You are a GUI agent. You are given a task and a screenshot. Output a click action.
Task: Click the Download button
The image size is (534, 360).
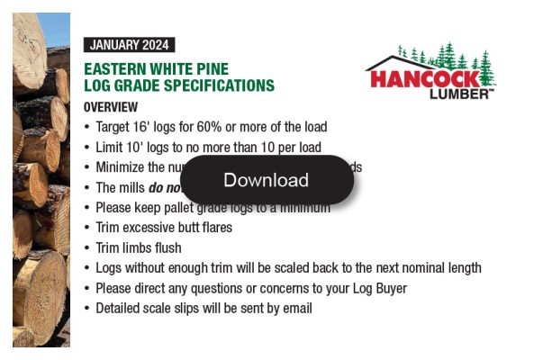pos(267,180)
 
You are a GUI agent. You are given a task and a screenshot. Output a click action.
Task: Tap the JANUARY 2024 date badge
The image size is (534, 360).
pos(128,45)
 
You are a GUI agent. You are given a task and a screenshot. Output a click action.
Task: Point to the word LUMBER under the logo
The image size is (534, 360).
pos(459,94)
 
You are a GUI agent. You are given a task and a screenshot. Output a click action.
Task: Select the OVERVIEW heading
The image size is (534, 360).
pos(110,106)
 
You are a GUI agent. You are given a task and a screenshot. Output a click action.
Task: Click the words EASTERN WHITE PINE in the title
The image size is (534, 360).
pos(156,69)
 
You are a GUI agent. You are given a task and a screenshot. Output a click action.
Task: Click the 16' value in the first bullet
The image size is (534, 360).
pos(144,127)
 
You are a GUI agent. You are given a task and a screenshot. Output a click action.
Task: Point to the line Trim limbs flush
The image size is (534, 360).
pos(139,247)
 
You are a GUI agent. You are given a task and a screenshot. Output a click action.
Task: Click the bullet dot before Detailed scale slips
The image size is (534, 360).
pos(86,308)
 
